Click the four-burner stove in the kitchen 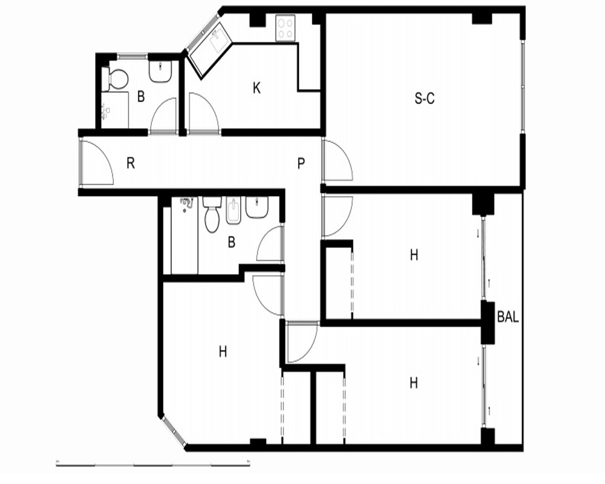pyautogui.click(x=286, y=28)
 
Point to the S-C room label pyautogui.click(x=425, y=99)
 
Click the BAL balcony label pyautogui.click(x=508, y=317)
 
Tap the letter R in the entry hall pyautogui.click(x=131, y=163)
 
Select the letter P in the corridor pyautogui.click(x=301, y=163)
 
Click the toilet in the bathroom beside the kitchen pyautogui.click(x=115, y=79)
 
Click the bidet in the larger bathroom pyautogui.click(x=233, y=211)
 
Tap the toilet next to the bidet pyautogui.click(x=211, y=215)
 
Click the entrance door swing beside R pyautogui.click(x=97, y=162)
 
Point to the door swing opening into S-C pyautogui.click(x=338, y=160)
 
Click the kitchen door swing pyautogui.click(x=204, y=112)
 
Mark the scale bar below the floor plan pyautogui.click(x=153, y=464)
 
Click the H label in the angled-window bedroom pyautogui.click(x=223, y=352)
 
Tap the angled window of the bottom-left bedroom pyautogui.click(x=174, y=431)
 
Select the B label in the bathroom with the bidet pyautogui.click(x=232, y=243)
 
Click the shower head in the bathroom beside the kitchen pyautogui.click(x=105, y=111)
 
